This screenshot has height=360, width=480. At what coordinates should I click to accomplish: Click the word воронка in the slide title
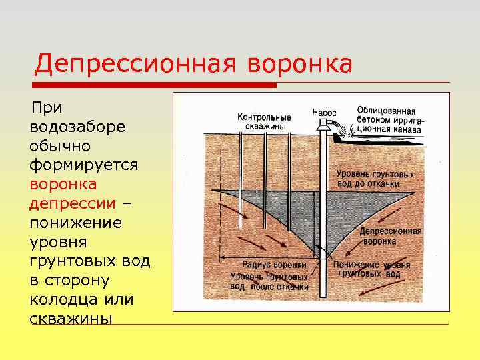299,64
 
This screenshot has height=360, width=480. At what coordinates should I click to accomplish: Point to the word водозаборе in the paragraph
77,126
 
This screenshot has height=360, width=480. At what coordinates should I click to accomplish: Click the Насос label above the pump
325,113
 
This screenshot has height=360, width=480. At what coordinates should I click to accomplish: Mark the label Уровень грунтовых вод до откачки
375,179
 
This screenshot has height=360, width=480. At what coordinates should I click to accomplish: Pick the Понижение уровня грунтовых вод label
371,268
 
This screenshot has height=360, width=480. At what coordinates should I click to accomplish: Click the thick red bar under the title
155,85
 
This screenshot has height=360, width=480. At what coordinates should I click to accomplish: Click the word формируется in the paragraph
84,164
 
